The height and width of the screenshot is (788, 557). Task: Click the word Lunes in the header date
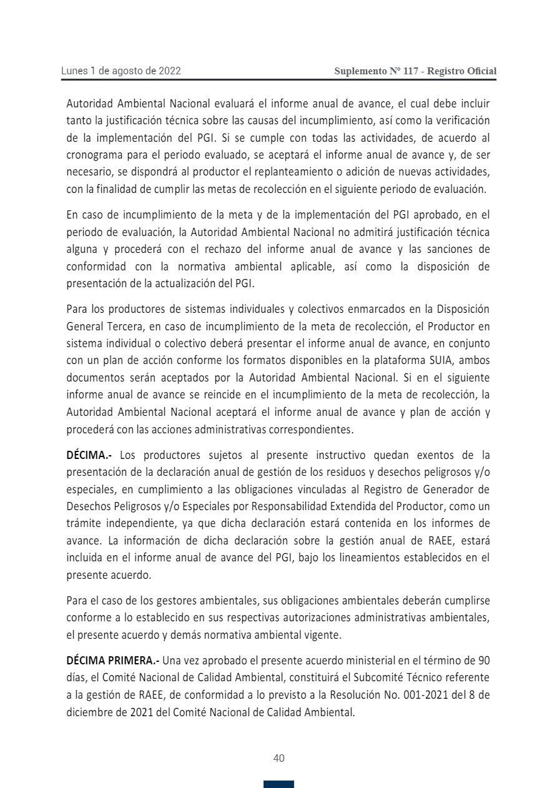click(74, 71)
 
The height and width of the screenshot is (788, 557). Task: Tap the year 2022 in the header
click(169, 71)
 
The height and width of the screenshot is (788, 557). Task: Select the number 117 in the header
click(411, 71)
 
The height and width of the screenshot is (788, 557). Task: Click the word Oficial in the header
click(481, 71)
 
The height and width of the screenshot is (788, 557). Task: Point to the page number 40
click(279, 758)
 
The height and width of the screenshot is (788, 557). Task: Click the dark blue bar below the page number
click(278, 784)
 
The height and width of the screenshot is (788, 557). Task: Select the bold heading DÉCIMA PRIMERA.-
click(113, 660)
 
